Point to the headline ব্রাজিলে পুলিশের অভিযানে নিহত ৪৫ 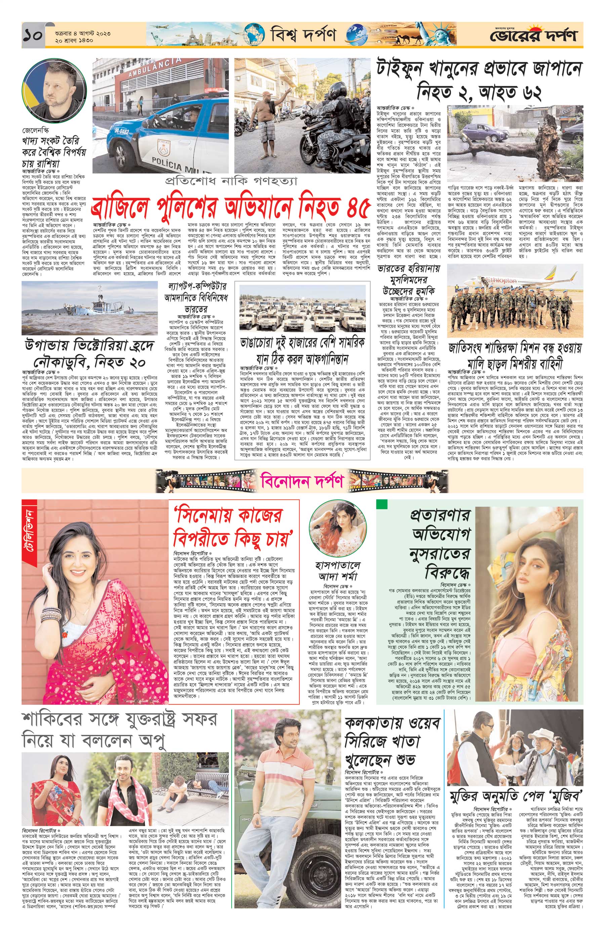click(x=230, y=208)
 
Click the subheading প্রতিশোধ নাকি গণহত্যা click(x=230, y=181)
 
